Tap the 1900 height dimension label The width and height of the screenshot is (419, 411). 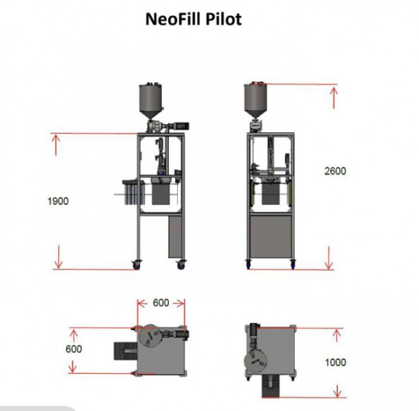(58, 201)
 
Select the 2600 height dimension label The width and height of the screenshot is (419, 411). (335, 171)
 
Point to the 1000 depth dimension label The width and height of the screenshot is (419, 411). (336, 362)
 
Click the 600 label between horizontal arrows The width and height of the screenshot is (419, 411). (161, 303)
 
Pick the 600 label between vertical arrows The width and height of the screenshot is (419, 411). (74, 349)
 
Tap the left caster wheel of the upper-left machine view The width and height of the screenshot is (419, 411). (137, 265)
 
